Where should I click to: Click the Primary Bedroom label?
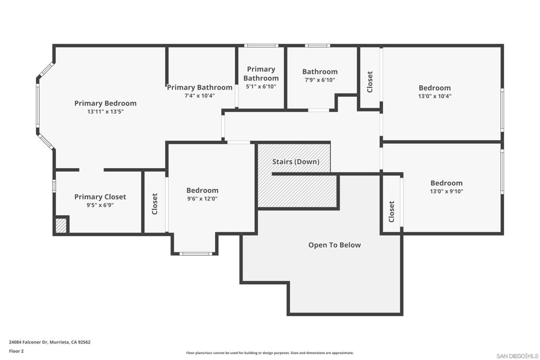pos(105,103)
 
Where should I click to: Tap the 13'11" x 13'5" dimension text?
pos(105,112)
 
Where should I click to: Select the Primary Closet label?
pos(100,197)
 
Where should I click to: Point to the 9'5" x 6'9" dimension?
pos(100,205)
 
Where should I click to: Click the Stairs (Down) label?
pos(296,162)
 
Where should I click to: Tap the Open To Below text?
pos(334,245)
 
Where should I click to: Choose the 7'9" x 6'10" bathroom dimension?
pos(320,80)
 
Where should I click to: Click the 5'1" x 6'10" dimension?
pos(261,86)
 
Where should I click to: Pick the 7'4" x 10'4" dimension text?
pos(200,96)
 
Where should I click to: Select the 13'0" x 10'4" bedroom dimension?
pos(435,96)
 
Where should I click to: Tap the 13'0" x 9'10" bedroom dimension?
pos(446,191)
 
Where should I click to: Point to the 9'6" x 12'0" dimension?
pos(202,199)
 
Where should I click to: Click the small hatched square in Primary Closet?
pos(61,226)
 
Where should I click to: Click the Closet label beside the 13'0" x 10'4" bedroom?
pos(370,82)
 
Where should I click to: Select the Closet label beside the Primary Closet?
pos(155,204)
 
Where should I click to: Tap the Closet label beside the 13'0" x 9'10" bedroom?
pos(391,212)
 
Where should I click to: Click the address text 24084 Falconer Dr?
pos(28,342)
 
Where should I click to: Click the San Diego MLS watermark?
pos(517,356)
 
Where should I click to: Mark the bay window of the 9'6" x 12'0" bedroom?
pos(196,254)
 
